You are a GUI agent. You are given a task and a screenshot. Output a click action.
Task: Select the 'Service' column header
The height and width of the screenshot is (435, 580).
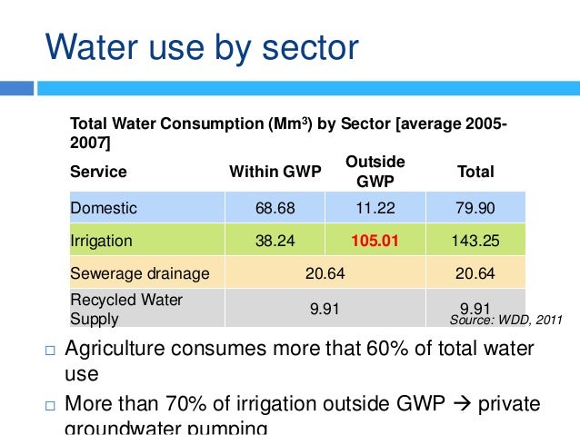click(x=98, y=172)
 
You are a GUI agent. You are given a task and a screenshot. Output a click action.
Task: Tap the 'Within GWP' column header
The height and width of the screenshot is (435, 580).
click(x=275, y=172)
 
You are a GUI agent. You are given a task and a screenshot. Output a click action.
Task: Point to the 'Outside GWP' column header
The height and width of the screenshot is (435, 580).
click(x=375, y=171)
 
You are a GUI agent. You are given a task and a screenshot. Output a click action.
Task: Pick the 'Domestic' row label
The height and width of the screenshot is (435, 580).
click(x=104, y=208)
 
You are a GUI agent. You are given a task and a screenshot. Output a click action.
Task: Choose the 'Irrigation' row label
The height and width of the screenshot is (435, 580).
click(x=101, y=242)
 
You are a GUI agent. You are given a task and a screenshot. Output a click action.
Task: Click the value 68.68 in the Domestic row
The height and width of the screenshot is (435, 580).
click(x=275, y=208)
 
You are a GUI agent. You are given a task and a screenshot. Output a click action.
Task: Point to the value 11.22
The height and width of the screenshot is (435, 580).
click(x=375, y=208)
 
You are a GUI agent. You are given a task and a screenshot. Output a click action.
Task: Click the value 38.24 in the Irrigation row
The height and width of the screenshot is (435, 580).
click(x=275, y=242)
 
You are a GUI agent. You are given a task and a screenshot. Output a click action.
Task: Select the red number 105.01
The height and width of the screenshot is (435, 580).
click(x=375, y=242)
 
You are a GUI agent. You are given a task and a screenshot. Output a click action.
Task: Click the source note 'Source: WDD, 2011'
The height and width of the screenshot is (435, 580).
click(x=506, y=320)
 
